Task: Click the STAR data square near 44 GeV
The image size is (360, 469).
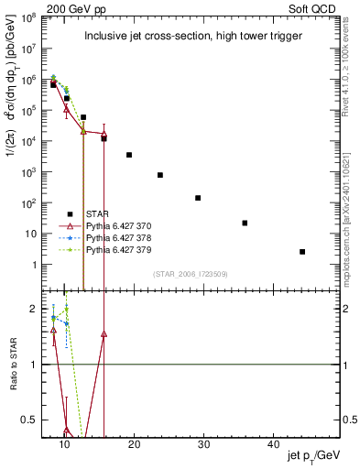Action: click(302, 252)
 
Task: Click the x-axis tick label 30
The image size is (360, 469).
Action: click(203, 444)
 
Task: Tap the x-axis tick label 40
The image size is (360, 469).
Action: click(273, 444)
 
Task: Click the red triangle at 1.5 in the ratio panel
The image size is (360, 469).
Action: click(104, 334)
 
